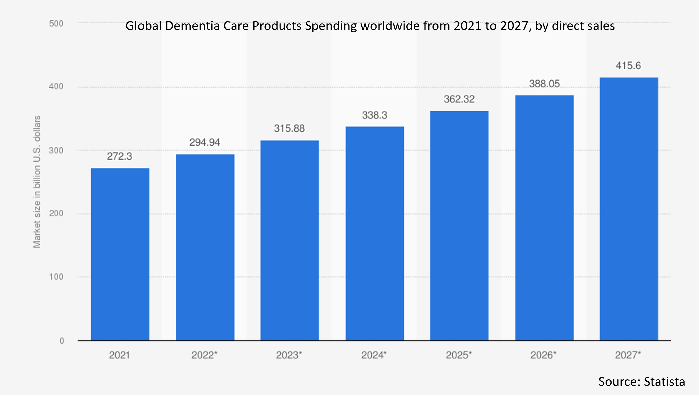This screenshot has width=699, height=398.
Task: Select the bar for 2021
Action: point(120,254)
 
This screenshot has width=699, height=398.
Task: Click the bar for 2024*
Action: point(375,233)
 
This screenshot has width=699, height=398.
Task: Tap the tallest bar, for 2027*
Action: point(629,209)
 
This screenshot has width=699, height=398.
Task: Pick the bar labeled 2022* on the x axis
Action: point(205,247)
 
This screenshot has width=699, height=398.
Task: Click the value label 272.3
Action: point(119,156)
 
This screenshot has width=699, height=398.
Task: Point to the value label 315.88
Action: point(289,129)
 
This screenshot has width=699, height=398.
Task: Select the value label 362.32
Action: point(459,99)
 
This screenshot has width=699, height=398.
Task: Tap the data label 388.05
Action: point(544,84)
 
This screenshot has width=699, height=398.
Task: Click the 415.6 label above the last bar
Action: point(628,66)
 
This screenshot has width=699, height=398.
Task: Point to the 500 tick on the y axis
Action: point(56,24)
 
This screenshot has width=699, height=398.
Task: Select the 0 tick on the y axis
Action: point(62,341)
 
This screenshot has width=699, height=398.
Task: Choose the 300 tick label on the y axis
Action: point(56,150)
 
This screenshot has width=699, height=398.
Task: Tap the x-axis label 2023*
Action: point(289,355)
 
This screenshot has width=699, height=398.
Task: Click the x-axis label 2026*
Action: point(543,355)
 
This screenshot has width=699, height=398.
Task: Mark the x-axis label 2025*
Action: point(459,355)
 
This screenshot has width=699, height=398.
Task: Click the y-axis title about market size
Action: point(37,182)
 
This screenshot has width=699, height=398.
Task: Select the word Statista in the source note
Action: point(664,382)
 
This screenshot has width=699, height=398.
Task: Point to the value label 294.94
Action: point(205,142)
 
